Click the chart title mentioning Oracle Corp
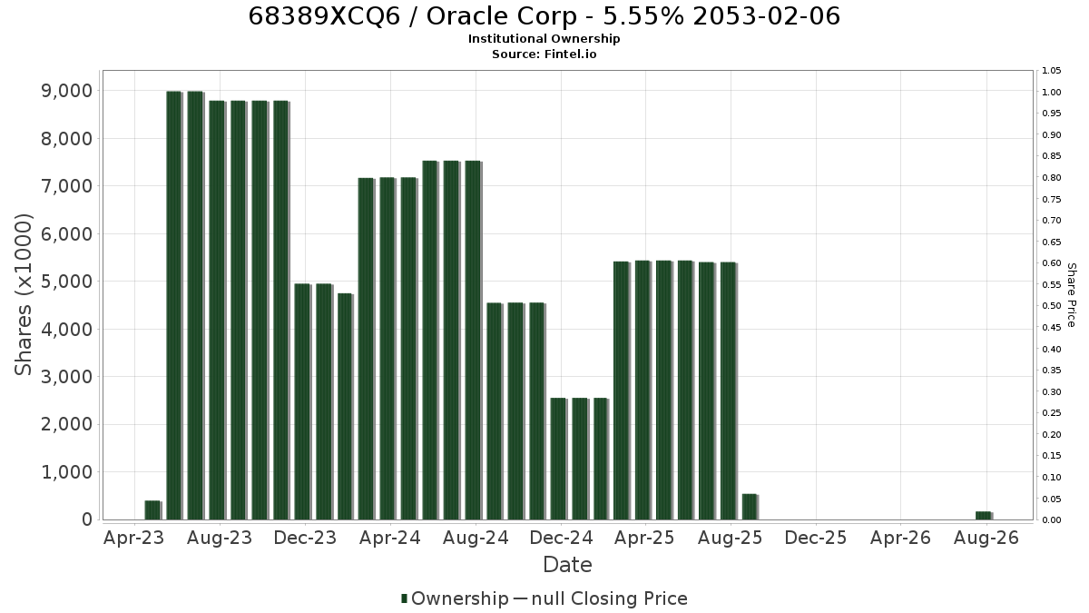pyautogui.click(x=544, y=16)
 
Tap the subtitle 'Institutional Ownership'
pyautogui.click(x=544, y=39)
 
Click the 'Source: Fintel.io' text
pyautogui.click(x=544, y=54)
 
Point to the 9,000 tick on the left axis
pyautogui.click(x=66, y=91)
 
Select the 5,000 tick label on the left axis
pyautogui.click(x=66, y=282)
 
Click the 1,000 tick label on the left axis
pyautogui.click(x=66, y=472)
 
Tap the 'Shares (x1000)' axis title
pyautogui.click(x=24, y=295)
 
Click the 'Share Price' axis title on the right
pyautogui.click(x=1071, y=295)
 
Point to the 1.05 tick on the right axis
pyautogui.click(x=1052, y=71)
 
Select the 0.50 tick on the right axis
pyautogui.click(x=1052, y=306)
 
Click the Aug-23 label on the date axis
pyautogui.click(x=220, y=538)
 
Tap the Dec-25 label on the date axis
pyautogui.click(x=815, y=538)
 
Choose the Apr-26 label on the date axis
pyautogui.click(x=900, y=538)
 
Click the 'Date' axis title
pyautogui.click(x=567, y=565)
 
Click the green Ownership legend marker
pyautogui.click(x=404, y=598)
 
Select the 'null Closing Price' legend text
pyautogui.click(x=610, y=598)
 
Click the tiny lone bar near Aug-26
pyautogui.click(x=984, y=516)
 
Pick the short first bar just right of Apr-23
pyautogui.click(x=152, y=510)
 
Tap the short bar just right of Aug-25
pyautogui.click(x=751, y=507)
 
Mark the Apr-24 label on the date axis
pyautogui.click(x=390, y=538)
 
